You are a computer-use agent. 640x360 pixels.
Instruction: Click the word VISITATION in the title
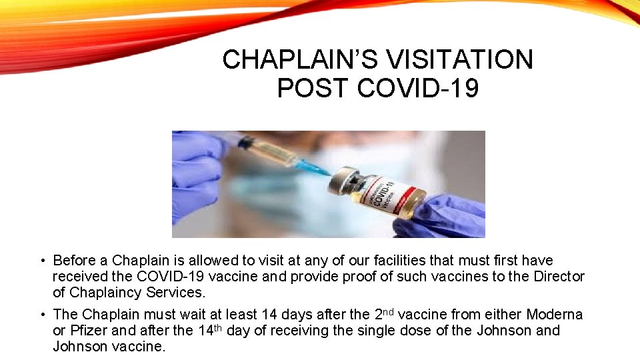tap(459, 60)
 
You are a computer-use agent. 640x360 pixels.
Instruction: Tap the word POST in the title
tap(313, 88)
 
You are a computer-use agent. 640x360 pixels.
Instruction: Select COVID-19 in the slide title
tap(418, 88)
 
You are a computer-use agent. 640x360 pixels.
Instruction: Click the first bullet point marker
tap(42, 261)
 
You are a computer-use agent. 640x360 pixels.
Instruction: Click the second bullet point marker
tap(42, 315)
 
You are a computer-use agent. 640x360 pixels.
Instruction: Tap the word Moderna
tap(555, 314)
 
